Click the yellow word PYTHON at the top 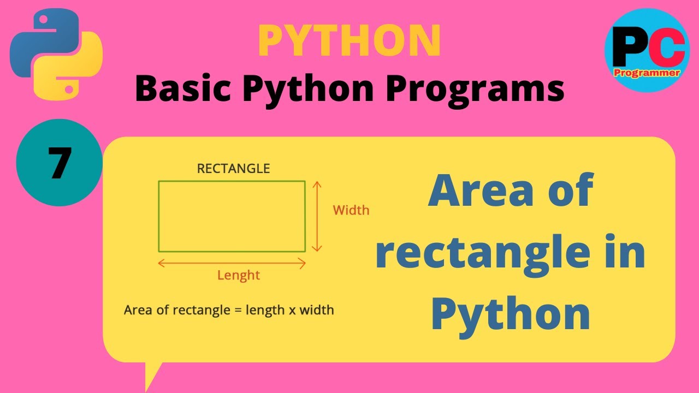tap(349, 41)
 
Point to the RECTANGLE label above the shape tap(233, 169)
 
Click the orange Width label tap(351, 210)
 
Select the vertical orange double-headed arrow tap(316, 216)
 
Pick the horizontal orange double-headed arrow tap(232, 264)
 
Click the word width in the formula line tap(317, 311)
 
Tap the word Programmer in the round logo tap(647, 72)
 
